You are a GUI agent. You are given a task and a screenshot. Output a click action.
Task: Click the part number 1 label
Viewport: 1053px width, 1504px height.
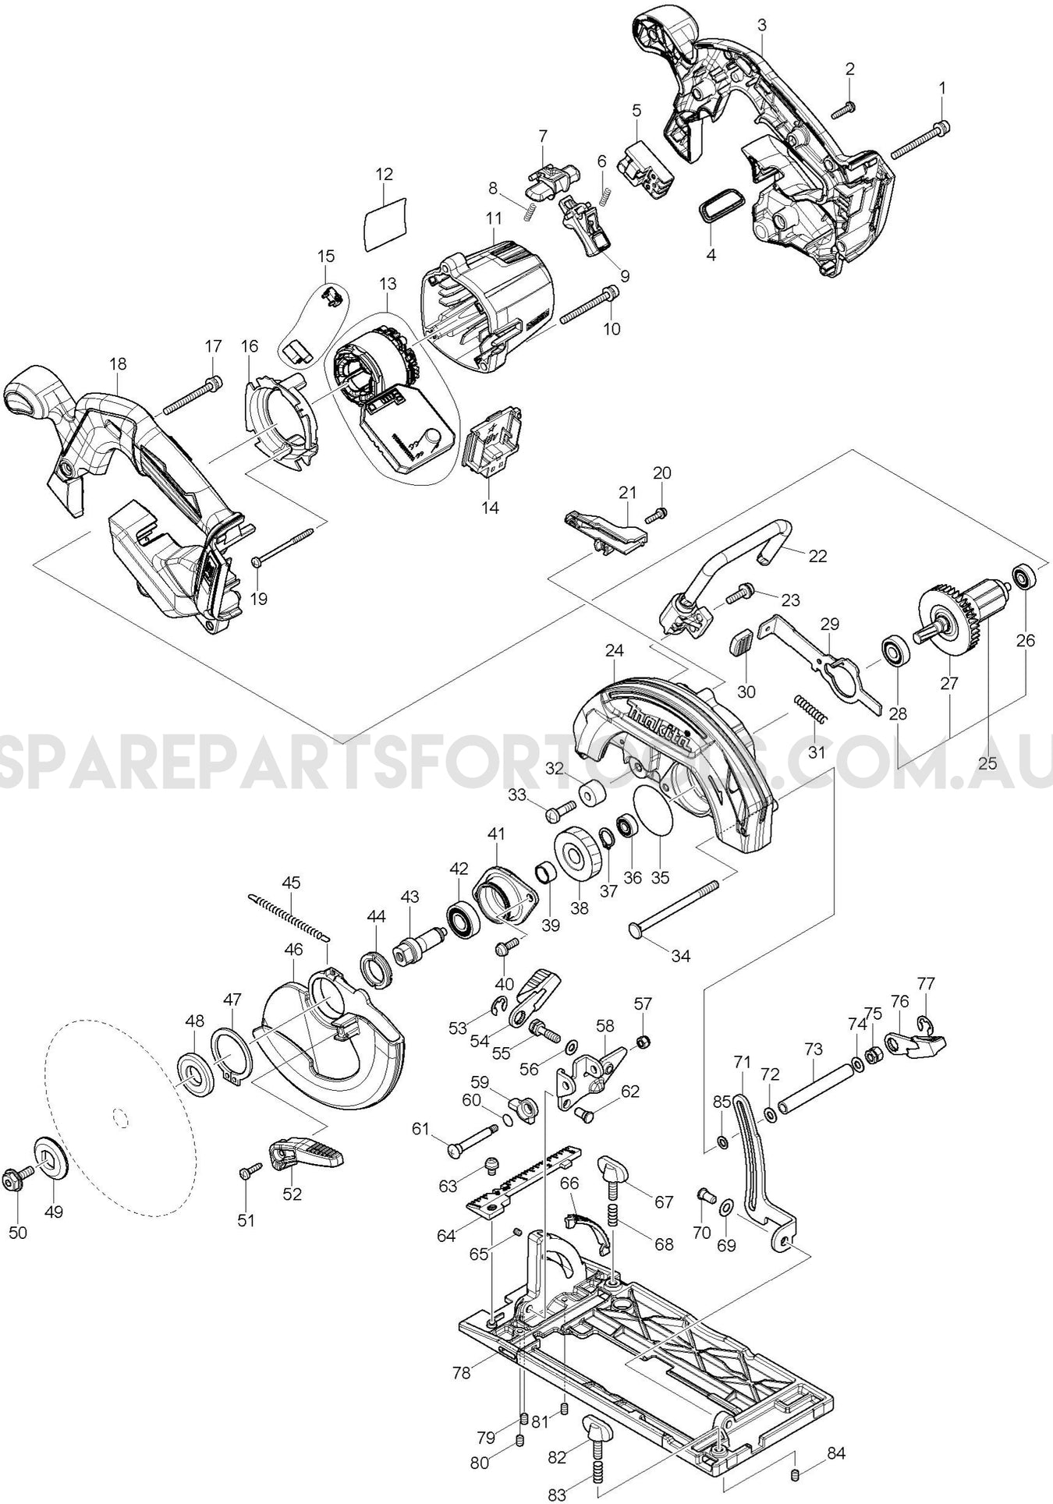point(941,88)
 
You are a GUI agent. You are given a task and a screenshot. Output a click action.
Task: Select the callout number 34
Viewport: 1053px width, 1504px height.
point(681,955)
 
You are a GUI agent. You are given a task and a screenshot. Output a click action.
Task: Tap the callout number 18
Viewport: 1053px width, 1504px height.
point(118,364)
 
